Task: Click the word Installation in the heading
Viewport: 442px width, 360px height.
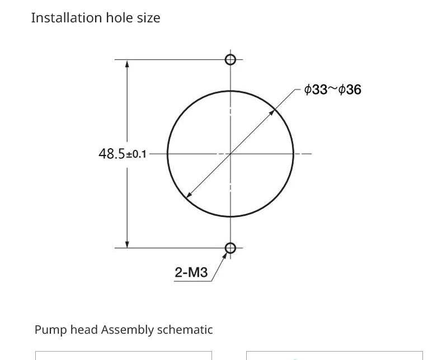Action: click(x=66, y=18)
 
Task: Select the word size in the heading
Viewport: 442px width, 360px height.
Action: click(x=149, y=18)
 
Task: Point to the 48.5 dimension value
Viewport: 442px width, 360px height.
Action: click(x=112, y=154)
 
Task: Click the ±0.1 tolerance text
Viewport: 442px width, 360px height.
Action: click(x=136, y=155)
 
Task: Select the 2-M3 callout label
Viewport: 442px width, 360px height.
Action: click(x=191, y=272)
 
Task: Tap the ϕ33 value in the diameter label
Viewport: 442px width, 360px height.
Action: click(x=316, y=89)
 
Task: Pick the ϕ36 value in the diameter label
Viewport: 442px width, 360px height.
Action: click(x=350, y=89)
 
